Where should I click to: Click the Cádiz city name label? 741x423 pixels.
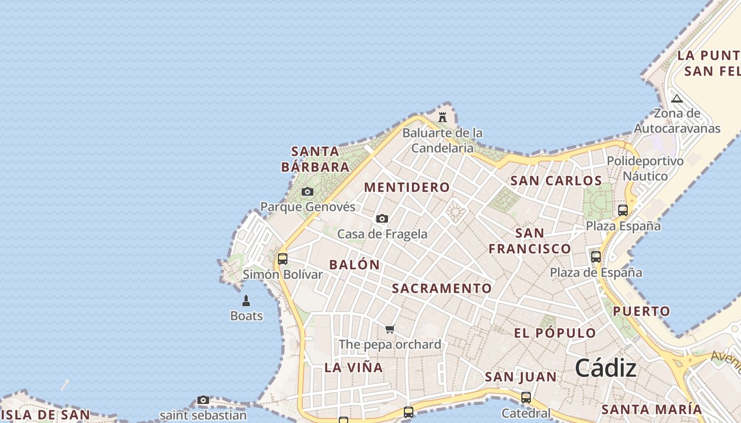coord(606,368)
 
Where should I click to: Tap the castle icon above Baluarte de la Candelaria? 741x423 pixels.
coord(442,117)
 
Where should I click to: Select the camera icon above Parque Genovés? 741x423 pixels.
coord(308,191)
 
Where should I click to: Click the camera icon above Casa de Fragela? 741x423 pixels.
coord(382,218)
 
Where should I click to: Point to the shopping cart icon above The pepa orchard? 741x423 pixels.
coord(390,329)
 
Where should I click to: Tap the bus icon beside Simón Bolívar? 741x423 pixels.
coord(283,259)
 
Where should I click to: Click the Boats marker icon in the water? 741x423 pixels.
coord(246,301)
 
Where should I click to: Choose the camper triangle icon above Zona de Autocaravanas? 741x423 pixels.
coord(676,98)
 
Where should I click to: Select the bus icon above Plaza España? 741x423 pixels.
coord(623,210)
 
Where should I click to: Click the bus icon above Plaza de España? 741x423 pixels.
coord(596,257)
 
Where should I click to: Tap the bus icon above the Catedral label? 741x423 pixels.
coord(526,397)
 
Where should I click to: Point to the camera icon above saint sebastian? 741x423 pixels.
coord(203,400)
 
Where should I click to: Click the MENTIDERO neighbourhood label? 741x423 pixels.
coord(406,187)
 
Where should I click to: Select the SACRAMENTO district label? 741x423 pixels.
coord(442,288)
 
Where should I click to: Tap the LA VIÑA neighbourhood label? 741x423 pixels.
coord(353,367)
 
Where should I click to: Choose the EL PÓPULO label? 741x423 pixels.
coord(555,333)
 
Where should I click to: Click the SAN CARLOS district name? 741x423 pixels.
coord(556,181)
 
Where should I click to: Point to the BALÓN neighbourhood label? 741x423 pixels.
coord(355,265)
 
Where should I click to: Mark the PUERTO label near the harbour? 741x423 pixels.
coord(641,311)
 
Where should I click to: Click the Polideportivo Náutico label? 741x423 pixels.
coord(645,168)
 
